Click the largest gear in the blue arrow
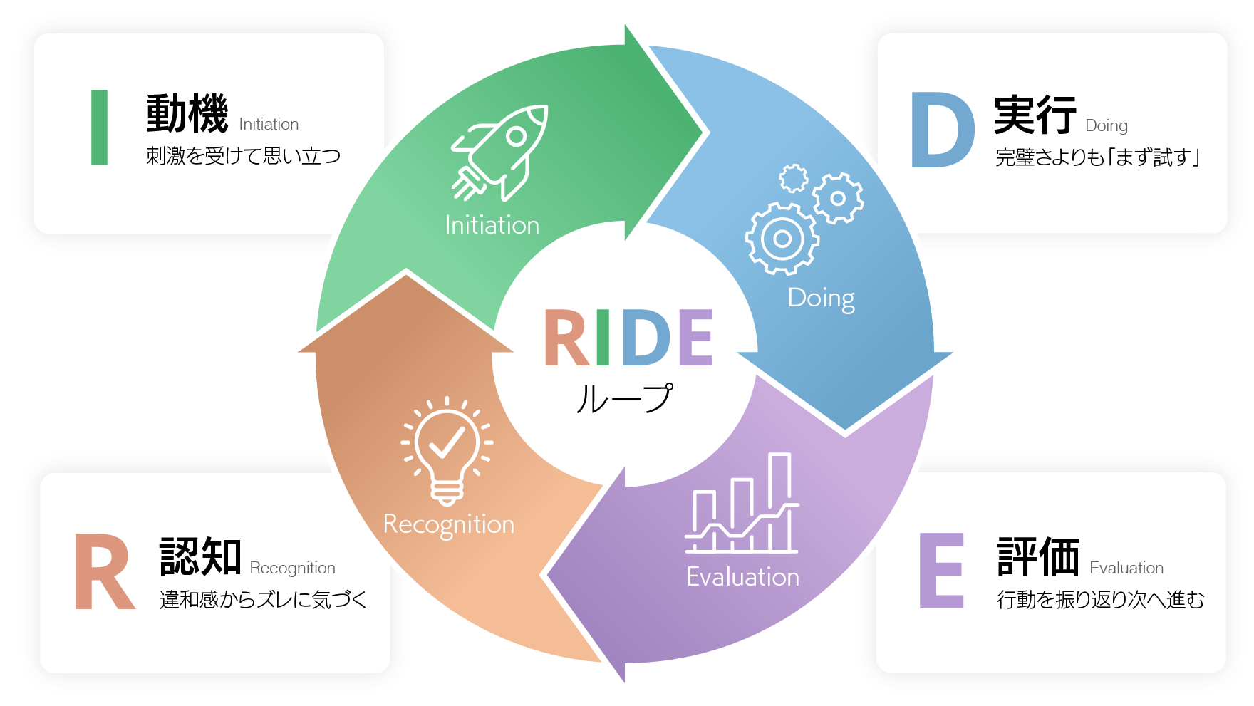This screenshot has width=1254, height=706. [x=782, y=239]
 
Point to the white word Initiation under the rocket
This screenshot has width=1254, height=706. [x=492, y=225]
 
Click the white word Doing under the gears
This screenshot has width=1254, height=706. [x=821, y=298]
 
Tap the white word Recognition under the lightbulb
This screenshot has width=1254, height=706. [x=448, y=525]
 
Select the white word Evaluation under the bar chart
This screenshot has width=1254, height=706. [x=742, y=577]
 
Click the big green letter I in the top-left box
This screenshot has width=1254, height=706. [x=100, y=128]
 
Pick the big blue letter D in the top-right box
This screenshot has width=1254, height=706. [x=942, y=131]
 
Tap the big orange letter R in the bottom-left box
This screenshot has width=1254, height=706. [x=104, y=572]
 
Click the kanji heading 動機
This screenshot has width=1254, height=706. [x=187, y=114]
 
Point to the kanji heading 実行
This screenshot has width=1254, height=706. [x=1035, y=115]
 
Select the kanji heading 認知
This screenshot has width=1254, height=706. [x=200, y=556]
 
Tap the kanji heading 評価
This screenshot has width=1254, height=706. [x=1038, y=556]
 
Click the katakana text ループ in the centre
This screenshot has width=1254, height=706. [x=624, y=398]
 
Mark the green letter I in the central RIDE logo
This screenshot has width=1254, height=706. [x=603, y=338]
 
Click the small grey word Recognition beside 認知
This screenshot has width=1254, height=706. [x=292, y=569]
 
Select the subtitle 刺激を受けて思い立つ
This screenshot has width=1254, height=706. [x=244, y=156]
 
